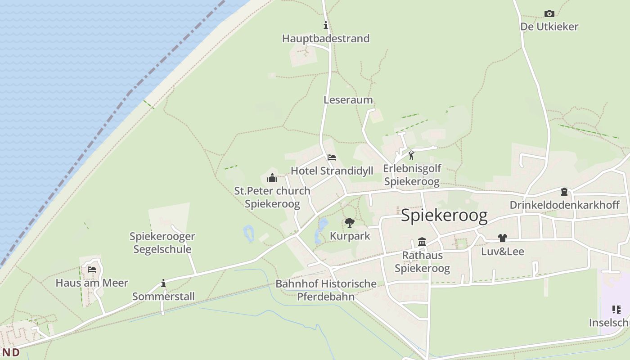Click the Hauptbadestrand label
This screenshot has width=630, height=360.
325,39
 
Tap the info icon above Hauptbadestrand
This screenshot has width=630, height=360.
325,26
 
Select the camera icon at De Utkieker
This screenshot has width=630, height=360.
549,14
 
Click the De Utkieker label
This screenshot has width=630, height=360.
549,27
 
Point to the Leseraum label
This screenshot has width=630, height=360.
348,100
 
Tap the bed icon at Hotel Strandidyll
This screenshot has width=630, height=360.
332,157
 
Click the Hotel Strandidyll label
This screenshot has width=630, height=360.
332,171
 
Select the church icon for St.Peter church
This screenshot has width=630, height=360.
272,178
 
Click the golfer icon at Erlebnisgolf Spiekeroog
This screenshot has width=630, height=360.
411,156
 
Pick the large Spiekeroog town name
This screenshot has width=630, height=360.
444,216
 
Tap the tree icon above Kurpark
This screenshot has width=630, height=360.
349,223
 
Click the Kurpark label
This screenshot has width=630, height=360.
350,236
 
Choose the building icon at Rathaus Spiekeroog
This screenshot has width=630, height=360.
422,242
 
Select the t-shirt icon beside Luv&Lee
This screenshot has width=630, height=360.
503,238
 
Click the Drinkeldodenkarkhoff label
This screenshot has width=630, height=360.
564,205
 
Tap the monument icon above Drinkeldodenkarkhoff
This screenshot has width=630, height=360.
564,192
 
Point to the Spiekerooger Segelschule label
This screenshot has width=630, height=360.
162,243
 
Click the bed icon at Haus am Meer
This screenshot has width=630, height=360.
92,270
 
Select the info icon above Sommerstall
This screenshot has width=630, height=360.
163,283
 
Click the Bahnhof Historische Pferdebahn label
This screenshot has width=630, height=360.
326,290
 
